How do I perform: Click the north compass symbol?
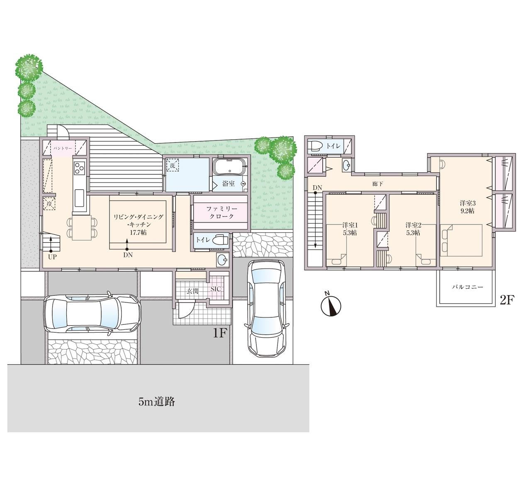(x=331, y=305)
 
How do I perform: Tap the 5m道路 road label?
(x=157, y=402)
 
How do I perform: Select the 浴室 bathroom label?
(x=229, y=184)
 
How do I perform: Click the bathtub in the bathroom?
(x=230, y=167)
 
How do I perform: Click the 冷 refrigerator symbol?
(x=49, y=204)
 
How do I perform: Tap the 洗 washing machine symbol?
(x=172, y=166)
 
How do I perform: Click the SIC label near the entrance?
(x=216, y=289)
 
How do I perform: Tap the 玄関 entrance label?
(x=193, y=291)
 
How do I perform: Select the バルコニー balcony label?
(x=468, y=287)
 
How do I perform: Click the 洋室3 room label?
(x=468, y=203)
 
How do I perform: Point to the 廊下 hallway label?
(x=378, y=184)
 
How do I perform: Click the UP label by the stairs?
(x=52, y=257)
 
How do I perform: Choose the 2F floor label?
(x=507, y=300)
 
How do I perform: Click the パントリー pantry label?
(x=63, y=148)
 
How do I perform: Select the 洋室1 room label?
(x=350, y=225)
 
